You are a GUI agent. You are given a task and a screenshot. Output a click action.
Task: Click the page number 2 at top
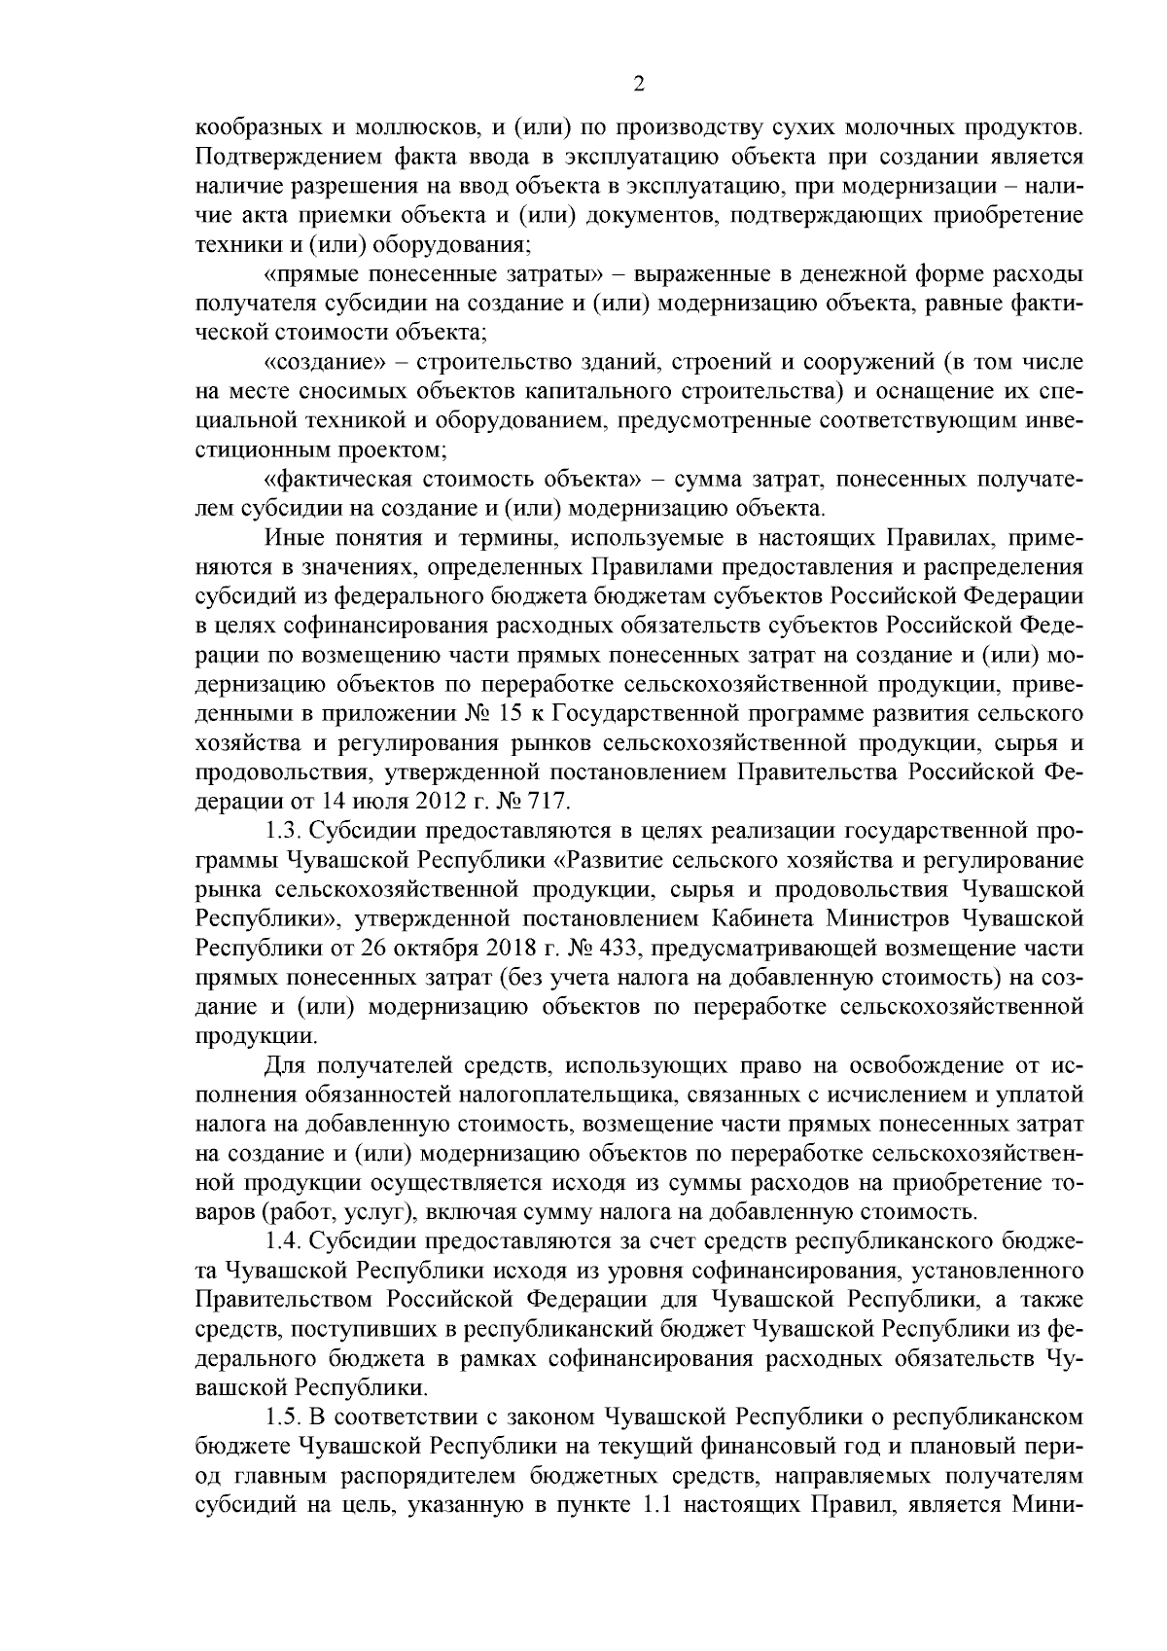point(638,85)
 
